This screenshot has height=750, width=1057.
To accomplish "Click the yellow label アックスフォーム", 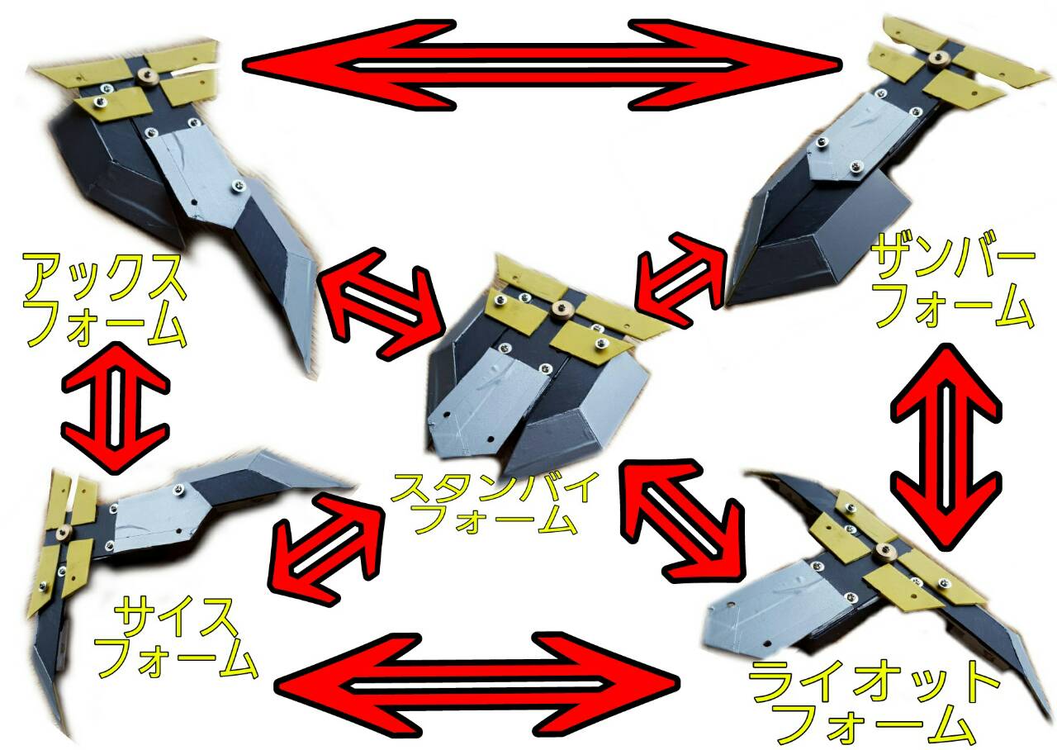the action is (x=105, y=300).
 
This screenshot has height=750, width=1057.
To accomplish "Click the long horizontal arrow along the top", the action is (x=541, y=65).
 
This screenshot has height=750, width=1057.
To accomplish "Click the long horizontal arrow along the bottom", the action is (x=476, y=683).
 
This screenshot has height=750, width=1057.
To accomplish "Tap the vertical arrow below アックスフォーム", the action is (x=115, y=407).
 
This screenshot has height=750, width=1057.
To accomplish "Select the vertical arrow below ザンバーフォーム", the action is (x=946, y=446).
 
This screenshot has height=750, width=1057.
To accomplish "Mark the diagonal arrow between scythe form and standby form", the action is (x=325, y=549).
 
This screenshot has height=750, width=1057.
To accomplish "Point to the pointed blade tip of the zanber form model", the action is (x=729, y=302).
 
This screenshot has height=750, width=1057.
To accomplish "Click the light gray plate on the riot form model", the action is (x=774, y=608).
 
